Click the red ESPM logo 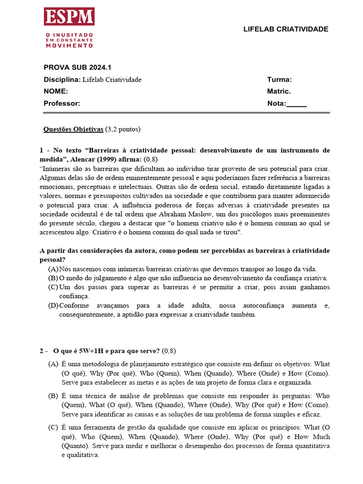pos(69,17)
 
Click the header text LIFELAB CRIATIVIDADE pos(285,29)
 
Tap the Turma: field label pos(279,79)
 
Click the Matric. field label pos(279,91)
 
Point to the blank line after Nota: pos(297,104)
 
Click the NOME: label pos(56,91)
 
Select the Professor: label pos(62,104)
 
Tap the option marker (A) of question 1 pos(53,268)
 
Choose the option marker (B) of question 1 pos(53,278)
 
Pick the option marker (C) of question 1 pos(53,287)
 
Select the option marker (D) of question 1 pos(53,306)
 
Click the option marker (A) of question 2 pos(53,364)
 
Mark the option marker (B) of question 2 pos(53,396)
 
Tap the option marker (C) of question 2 pos(53,427)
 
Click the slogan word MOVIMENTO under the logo pos(69,45)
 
